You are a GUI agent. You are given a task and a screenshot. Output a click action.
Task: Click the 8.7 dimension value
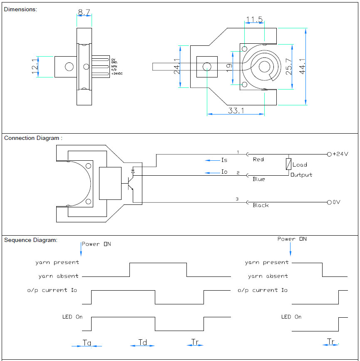coord(84,13)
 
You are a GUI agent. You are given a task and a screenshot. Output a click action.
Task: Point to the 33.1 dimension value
coord(236,110)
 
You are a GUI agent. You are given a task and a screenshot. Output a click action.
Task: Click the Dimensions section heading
coord(20,9)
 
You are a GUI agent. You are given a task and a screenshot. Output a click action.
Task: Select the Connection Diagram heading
coord(33,138)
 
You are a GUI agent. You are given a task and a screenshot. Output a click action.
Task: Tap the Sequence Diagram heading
coord(31,240)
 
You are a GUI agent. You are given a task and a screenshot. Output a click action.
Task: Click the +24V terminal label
coord(340,154)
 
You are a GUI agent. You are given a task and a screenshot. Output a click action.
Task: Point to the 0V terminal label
coord(336,202)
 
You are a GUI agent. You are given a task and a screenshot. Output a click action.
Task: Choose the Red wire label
coord(258,159)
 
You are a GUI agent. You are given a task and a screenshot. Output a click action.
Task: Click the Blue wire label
coord(259,179)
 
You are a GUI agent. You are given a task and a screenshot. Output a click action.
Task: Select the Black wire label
coord(261,205)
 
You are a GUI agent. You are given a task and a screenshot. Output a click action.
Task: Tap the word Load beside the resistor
coord(300,165)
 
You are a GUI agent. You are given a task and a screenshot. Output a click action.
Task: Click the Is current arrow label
coord(224,160)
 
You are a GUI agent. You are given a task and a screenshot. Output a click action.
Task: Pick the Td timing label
coord(143,342)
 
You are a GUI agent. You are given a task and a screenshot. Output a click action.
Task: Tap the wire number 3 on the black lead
coord(237,199)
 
